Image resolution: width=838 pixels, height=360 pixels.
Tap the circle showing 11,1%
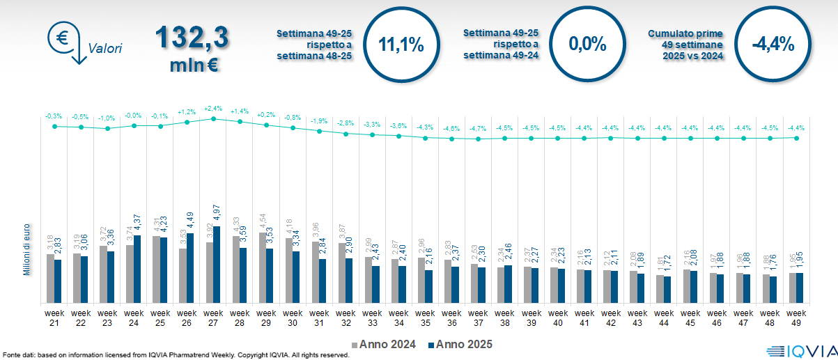(401, 45)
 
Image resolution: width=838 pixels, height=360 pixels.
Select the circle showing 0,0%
(587, 45)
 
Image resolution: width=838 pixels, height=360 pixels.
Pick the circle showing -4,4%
(773, 45)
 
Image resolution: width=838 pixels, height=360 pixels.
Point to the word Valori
(105, 49)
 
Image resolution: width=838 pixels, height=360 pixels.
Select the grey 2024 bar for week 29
(262, 268)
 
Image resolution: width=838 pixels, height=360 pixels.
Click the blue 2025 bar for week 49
(800, 288)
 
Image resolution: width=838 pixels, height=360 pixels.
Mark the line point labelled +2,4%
(213, 118)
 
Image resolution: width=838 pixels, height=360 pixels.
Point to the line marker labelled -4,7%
(478, 139)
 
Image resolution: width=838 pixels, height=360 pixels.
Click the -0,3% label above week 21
(54, 116)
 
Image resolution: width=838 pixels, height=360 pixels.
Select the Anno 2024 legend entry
(385, 344)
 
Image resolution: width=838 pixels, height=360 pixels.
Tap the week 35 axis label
(425, 318)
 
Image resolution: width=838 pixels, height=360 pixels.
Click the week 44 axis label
(663, 318)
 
